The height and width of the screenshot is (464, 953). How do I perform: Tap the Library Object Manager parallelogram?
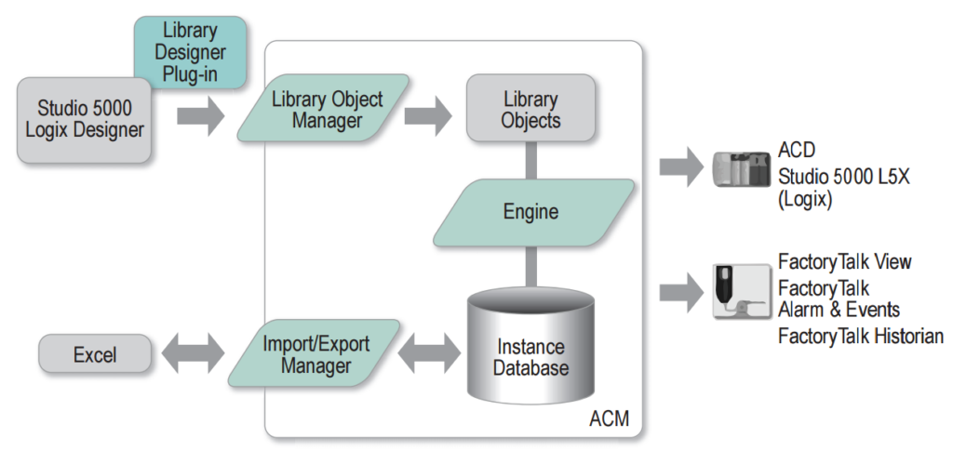[325, 109]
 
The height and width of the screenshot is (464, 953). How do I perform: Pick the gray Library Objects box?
[530, 109]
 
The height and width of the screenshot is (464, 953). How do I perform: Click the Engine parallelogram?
[530, 212]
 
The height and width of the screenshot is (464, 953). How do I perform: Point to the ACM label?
[609, 419]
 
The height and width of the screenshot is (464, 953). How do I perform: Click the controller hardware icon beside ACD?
[742, 170]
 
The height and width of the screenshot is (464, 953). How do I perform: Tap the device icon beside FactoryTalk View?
[742, 292]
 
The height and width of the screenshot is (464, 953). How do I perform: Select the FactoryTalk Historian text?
[860, 337]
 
